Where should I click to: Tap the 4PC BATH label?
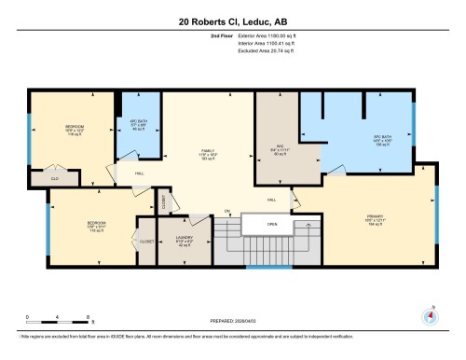point(139,123)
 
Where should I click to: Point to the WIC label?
point(276,145)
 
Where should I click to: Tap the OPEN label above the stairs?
point(271,224)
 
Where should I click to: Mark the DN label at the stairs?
point(226,213)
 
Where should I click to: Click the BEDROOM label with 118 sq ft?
point(75,131)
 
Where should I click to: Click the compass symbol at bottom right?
point(430,315)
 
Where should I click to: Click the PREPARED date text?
point(233,322)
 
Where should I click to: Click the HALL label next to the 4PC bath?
point(139,173)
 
